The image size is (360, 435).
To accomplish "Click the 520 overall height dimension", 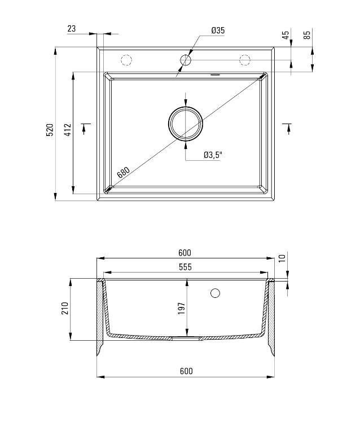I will tap(50, 129).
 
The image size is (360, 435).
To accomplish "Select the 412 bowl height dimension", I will tap(67, 129).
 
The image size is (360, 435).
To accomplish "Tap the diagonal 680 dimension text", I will tap(123, 172).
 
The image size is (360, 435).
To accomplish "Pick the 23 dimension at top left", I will tap(72, 28).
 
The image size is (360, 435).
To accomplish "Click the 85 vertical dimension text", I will tap(307, 34).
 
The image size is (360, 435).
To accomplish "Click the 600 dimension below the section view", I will tap(186, 371).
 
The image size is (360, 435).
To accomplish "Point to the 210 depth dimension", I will tap(64, 309).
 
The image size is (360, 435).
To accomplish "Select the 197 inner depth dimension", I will tap(182, 309).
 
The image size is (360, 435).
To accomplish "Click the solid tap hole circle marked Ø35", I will tap(186, 59).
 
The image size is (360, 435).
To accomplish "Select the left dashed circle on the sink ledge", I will tap(126, 59).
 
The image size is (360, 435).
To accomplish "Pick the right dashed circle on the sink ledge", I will tap(245, 59).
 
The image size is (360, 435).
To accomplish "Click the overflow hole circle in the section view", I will tap(214, 293).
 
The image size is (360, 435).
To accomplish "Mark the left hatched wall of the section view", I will tap(101, 316).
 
